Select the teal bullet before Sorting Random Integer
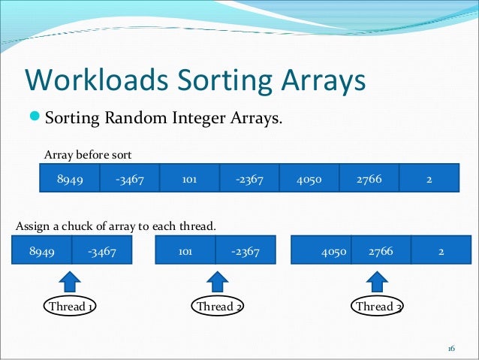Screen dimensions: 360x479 point(35,118)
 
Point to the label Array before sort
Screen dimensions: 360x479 point(88,155)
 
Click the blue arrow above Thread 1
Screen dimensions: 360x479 point(70,283)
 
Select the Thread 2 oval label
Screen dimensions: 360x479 point(218,307)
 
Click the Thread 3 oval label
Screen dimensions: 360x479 point(378,307)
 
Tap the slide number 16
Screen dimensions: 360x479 point(451,349)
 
